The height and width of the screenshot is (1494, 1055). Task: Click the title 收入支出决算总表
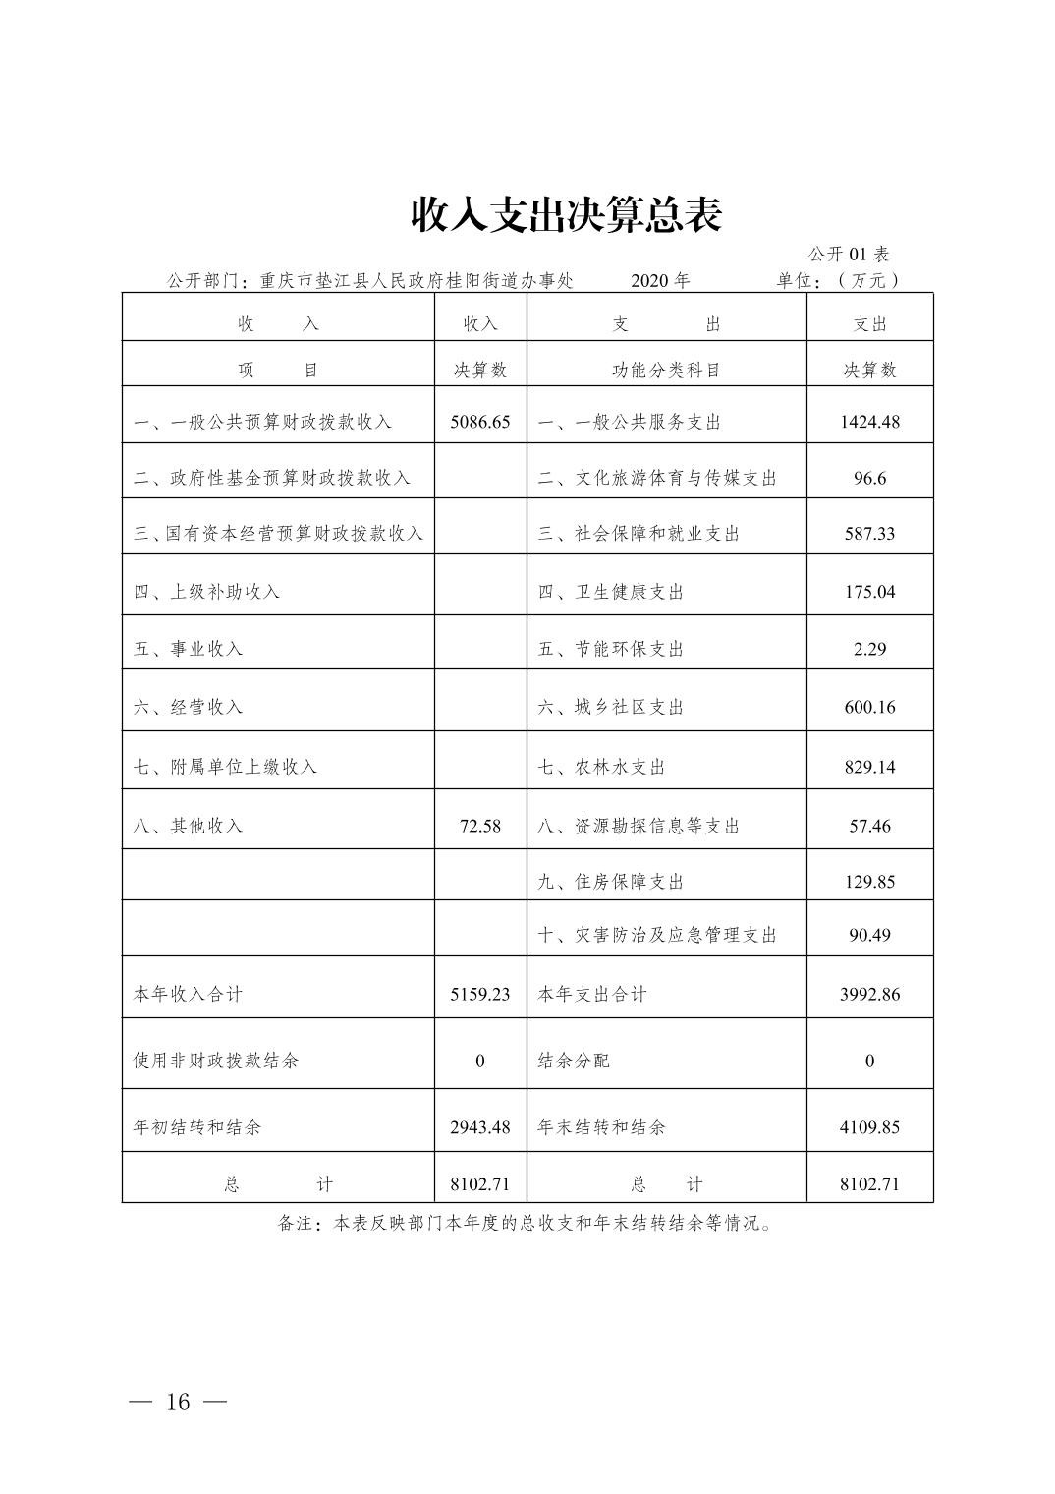point(566,215)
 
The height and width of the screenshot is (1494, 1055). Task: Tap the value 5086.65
point(480,422)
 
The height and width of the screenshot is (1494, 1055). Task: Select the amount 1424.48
point(869,422)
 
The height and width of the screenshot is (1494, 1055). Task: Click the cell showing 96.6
point(869,478)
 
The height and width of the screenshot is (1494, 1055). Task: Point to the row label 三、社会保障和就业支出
point(639,534)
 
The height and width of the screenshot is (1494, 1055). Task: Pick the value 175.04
point(869,592)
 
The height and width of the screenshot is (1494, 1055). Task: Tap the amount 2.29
point(869,649)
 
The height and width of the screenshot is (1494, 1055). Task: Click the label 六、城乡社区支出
point(610,707)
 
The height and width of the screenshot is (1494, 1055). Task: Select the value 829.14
point(869,767)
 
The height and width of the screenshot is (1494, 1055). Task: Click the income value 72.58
point(480,826)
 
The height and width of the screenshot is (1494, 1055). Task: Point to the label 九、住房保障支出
point(610,882)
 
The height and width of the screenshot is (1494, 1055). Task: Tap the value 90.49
point(869,935)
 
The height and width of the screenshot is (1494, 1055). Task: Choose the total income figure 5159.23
point(480,994)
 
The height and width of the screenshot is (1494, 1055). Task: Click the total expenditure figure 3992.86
point(869,994)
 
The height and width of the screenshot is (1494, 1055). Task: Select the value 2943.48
point(480,1127)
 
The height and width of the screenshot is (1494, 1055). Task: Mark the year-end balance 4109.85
point(869,1127)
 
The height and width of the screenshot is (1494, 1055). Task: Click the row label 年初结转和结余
point(197,1127)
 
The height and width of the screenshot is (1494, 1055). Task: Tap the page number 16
point(178,1402)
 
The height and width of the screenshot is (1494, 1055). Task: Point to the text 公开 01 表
point(849,255)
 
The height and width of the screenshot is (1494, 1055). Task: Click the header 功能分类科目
point(666,371)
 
